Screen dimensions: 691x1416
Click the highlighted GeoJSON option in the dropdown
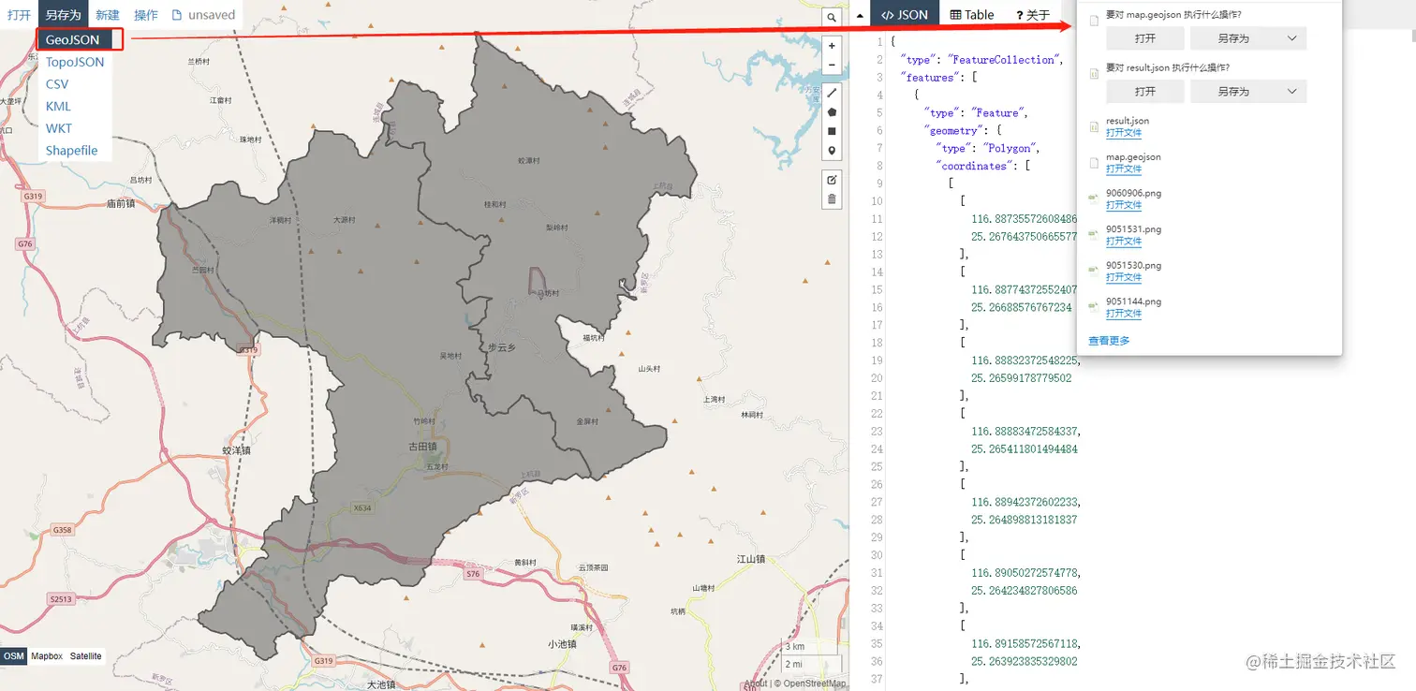(x=73, y=40)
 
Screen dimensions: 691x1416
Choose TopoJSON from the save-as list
(x=75, y=62)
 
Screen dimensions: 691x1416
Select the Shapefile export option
(x=72, y=151)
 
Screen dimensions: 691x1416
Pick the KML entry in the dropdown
(x=58, y=106)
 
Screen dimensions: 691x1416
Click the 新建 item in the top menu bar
(x=108, y=15)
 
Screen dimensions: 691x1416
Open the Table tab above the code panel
(x=972, y=15)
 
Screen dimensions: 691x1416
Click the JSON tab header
(x=905, y=15)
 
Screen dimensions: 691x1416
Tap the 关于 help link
(x=1033, y=15)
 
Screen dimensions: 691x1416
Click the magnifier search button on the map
(x=831, y=17)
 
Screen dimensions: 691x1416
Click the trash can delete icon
(x=832, y=198)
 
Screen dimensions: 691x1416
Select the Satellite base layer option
(x=85, y=656)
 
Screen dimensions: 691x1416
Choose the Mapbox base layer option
(x=47, y=656)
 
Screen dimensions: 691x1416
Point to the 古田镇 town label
(x=424, y=446)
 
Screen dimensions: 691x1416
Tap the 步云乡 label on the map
(x=502, y=346)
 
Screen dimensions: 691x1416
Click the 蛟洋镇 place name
(x=236, y=450)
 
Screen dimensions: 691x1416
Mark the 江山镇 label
(x=750, y=559)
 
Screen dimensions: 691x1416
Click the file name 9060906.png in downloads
(x=1133, y=193)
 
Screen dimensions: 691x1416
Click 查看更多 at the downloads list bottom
(x=1109, y=341)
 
